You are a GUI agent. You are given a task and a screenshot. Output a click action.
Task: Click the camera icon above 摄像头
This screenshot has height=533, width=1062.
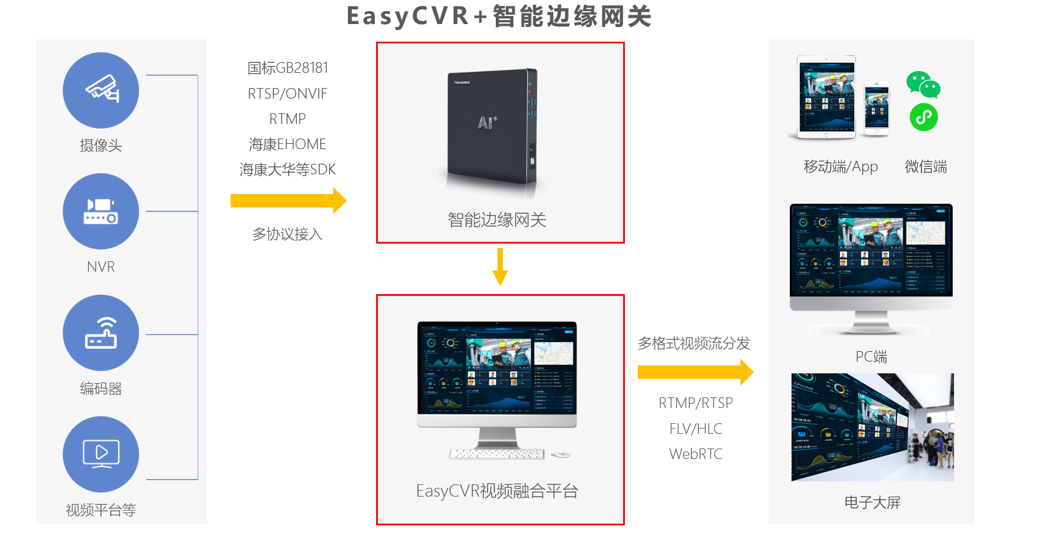[101, 90]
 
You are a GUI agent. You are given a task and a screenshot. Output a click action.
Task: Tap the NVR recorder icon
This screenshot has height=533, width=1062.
[101, 211]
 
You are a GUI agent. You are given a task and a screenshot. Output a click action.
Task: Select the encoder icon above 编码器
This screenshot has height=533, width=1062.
[101, 333]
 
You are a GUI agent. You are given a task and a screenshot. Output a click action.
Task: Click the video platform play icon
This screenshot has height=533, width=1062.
[101, 454]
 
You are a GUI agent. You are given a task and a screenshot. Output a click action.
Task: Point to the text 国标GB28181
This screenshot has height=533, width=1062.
[288, 68]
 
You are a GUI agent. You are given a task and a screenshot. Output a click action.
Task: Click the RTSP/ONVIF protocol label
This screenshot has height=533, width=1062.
[288, 93]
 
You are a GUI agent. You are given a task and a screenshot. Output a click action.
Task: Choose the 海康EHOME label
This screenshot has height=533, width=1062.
[288, 144]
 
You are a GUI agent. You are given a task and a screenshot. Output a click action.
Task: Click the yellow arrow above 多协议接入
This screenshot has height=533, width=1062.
[288, 201]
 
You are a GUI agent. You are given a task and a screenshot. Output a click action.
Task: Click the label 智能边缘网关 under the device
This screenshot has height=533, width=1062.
[497, 220]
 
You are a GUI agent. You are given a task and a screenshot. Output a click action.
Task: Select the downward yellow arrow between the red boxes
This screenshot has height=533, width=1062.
[500, 266]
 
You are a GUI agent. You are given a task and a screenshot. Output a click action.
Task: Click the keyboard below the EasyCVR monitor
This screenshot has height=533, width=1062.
[496, 454]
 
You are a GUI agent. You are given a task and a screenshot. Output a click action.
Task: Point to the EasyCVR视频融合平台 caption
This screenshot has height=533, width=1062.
[497, 491]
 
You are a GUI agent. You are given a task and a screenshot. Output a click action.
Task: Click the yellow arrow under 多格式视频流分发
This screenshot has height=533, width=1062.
[695, 372]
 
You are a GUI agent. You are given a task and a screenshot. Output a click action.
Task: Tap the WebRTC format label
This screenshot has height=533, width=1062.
[695, 454]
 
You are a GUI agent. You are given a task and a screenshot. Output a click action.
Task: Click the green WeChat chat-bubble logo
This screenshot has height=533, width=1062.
[923, 85]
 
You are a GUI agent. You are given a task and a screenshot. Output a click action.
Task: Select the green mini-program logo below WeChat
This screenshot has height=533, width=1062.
[924, 117]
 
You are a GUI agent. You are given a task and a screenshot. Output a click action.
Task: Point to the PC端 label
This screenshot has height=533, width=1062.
[871, 356]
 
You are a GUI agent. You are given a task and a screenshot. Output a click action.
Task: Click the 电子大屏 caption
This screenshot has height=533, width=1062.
[872, 502]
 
